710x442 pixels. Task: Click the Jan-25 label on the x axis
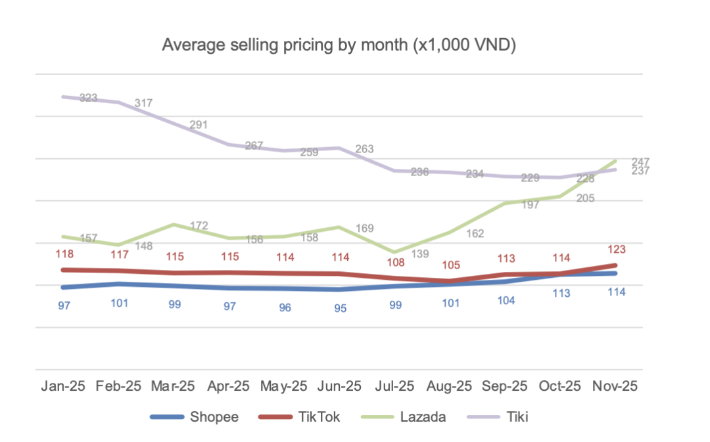tap(64, 386)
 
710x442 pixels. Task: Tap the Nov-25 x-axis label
tap(616, 386)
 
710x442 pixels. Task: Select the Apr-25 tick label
tap(229, 386)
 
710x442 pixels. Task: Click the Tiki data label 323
tap(89, 98)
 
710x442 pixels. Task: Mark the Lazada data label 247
tap(640, 161)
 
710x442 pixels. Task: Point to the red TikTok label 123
tap(616, 249)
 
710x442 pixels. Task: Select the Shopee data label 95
tap(340, 308)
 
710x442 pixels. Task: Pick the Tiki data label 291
tap(199, 125)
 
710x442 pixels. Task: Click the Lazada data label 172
tap(199, 226)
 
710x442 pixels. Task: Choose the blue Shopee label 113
tap(561, 294)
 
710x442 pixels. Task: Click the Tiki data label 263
tap(364, 149)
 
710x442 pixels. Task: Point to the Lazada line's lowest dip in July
tap(394, 252)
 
